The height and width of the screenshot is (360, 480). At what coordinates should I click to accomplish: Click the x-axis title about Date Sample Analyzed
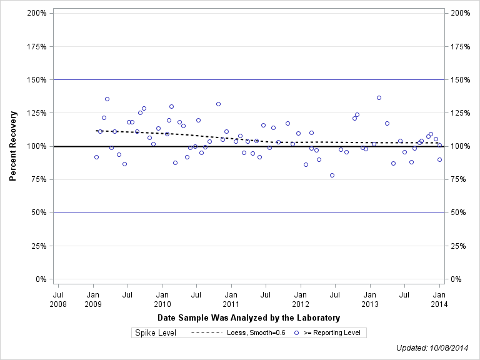[249, 317]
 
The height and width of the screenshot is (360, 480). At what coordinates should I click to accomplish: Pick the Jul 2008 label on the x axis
[58, 298]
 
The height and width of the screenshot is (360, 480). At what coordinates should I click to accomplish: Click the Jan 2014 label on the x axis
[439, 298]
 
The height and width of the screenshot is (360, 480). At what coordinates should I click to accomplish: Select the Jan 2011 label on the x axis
[231, 298]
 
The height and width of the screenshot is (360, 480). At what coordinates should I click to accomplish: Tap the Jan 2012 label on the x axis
[301, 298]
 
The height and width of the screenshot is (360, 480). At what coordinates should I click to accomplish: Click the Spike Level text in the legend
[156, 332]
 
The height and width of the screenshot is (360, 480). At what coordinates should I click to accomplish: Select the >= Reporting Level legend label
[332, 332]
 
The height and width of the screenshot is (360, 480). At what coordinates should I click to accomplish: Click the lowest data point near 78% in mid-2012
[332, 175]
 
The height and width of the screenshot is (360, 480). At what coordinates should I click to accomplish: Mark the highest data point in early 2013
[379, 97]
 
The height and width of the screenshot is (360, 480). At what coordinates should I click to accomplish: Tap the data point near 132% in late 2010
[218, 104]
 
